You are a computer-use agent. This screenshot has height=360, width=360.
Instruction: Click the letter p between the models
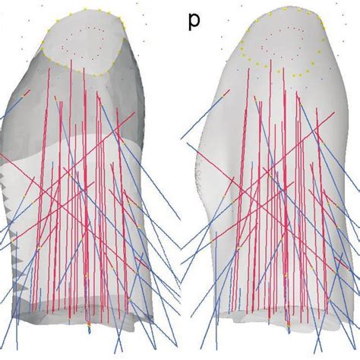point(194,21)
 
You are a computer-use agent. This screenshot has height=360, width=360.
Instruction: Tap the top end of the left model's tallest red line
point(71,60)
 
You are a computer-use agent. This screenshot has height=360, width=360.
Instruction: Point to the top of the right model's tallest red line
point(271,60)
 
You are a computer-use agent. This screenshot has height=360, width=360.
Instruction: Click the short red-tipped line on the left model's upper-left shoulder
point(26,93)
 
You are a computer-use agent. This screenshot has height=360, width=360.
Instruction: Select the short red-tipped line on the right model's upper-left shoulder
point(226,93)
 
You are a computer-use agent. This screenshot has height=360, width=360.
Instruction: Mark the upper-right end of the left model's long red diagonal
point(134,112)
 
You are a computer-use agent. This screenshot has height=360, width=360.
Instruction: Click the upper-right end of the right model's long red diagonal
point(334,112)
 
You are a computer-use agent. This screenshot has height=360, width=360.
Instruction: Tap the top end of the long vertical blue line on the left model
point(17,232)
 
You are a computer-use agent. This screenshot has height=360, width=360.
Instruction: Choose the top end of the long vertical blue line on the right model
point(216,232)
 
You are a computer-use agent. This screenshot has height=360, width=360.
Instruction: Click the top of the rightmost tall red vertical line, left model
point(117,109)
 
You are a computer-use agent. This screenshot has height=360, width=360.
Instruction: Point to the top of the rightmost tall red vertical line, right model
point(317,109)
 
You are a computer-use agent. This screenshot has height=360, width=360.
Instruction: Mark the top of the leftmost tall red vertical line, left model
point(49,68)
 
